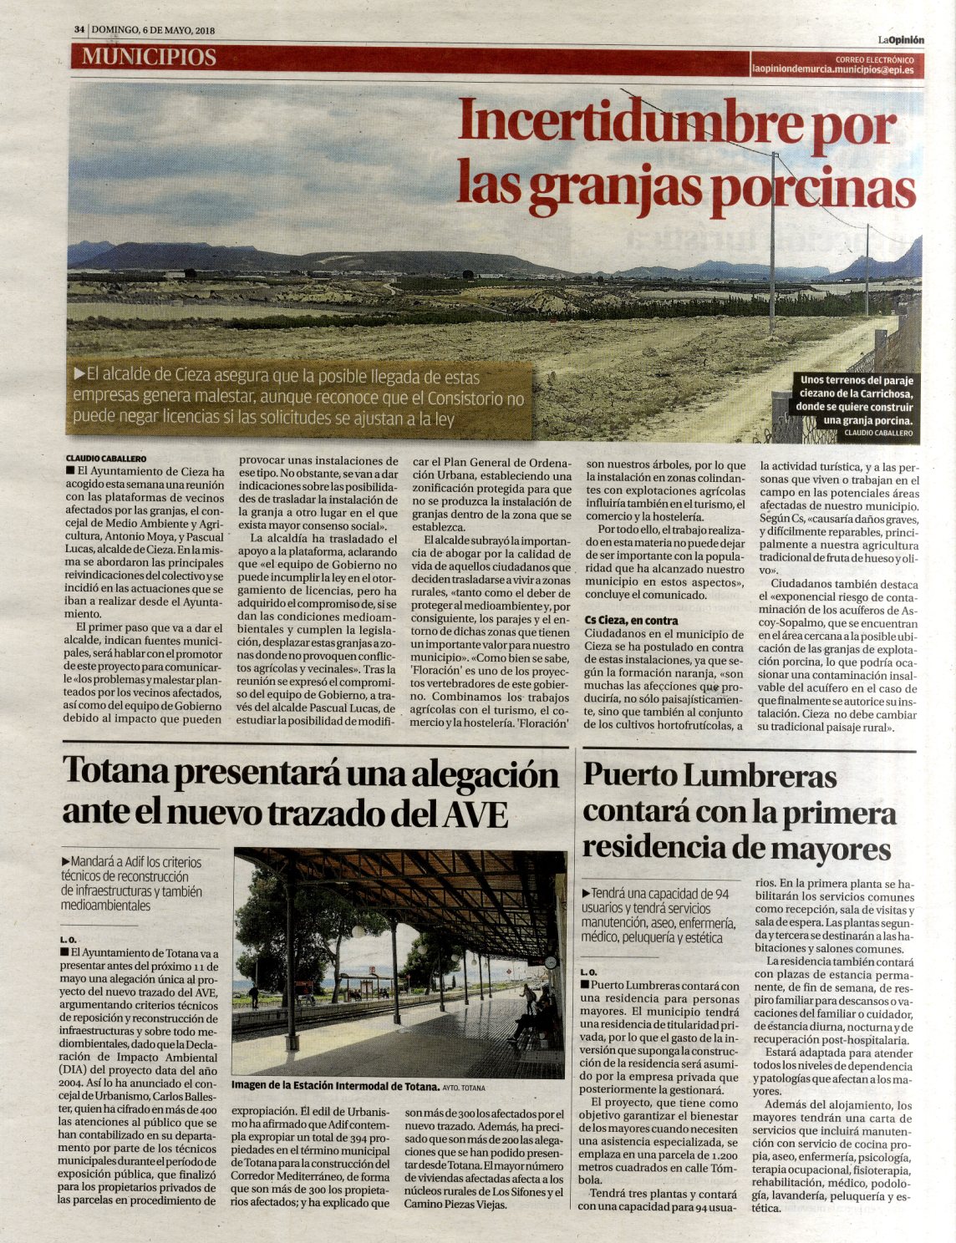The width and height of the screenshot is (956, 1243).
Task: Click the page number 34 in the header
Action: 79,30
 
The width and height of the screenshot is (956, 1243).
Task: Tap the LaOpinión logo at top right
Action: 900,39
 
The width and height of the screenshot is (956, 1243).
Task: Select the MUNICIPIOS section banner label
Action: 149,57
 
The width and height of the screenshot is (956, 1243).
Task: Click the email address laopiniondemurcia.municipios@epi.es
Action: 832,71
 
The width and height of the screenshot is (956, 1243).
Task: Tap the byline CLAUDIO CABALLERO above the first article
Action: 107,459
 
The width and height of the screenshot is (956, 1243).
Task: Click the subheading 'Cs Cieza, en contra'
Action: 631,621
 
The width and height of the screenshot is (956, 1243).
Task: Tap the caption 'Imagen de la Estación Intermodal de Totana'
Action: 334,1087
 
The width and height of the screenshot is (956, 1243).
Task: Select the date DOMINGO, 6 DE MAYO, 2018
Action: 154,30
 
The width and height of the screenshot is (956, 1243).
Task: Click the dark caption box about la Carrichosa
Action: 857,407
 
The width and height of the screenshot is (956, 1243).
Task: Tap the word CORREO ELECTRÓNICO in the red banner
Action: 874,60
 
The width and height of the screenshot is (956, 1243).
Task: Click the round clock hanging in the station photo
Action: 550,962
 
